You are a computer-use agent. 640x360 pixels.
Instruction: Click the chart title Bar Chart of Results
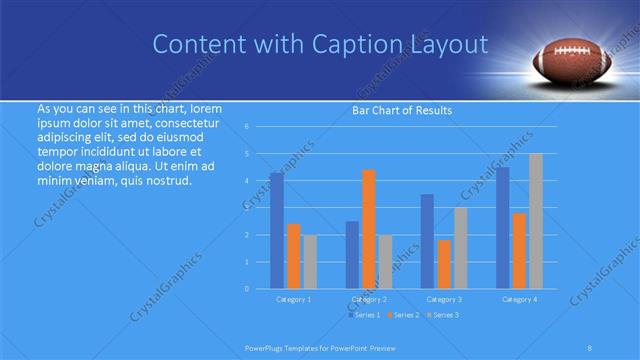click(400, 110)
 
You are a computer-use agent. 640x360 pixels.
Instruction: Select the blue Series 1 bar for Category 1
click(276, 230)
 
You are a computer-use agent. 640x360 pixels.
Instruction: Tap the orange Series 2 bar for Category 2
click(368, 229)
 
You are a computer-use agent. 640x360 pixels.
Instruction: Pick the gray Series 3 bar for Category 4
click(536, 221)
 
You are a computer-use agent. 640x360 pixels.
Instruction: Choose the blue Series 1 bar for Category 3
click(427, 241)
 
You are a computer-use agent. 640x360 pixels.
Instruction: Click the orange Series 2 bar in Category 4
click(519, 250)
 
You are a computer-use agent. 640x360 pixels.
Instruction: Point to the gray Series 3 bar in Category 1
click(310, 261)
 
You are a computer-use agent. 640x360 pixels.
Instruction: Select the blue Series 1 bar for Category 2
click(352, 254)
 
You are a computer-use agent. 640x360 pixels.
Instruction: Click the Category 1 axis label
click(293, 299)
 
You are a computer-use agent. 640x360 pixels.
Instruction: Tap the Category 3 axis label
click(444, 299)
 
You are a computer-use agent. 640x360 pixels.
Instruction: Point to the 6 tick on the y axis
click(246, 127)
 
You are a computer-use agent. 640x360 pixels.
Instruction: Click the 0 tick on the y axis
click(246, 288)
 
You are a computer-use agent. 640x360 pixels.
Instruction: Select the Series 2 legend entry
click(403, 315)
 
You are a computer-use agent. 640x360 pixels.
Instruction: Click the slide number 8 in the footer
click(590, 348)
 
